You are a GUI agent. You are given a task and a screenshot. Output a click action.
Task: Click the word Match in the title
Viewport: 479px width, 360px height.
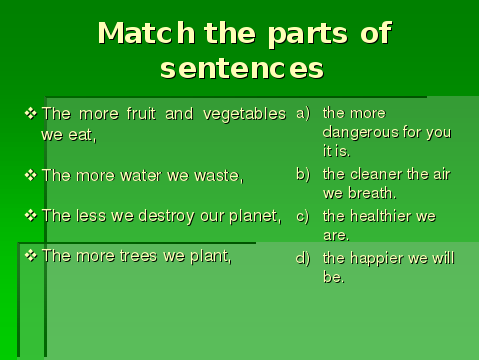click(x=146, y=33)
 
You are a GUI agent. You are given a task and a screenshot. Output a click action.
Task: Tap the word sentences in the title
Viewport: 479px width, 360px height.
click(x=242, y=68)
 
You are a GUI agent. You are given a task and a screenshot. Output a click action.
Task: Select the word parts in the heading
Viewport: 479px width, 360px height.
click(x=308, y=35)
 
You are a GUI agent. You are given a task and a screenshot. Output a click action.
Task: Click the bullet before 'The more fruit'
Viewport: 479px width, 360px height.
click(x=31, y=113)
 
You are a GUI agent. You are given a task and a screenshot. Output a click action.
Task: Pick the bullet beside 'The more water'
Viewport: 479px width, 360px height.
click(x=31, y=175)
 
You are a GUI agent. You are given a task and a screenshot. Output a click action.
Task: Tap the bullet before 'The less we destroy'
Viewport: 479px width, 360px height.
click(x=31, y=215)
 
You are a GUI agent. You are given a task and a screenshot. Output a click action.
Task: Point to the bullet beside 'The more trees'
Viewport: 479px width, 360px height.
click(x=31, y=256)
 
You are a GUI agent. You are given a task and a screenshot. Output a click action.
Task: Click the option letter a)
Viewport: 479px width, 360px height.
click(x=303, y=113)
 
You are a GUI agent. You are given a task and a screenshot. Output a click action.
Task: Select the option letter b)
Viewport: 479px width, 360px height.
click(x=303, y=174)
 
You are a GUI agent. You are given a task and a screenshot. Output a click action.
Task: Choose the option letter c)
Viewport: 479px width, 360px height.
click(x=303, y=216)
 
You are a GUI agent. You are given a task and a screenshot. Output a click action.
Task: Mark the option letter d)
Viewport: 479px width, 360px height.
click(x=303, y=258)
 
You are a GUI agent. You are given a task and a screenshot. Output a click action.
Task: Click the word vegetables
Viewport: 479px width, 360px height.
click(x=244, y=115)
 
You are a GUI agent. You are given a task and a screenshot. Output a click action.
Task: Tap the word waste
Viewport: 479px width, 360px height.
click(x=219, y=176)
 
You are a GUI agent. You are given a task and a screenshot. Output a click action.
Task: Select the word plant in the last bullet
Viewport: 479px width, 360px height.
click(x=211, y=257)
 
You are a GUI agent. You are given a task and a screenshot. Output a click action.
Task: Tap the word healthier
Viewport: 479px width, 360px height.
click(x=381, y=216)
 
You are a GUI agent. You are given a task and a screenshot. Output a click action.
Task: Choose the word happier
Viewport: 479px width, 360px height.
click(x=377, y=259)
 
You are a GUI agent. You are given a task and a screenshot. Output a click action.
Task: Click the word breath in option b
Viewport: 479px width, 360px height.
click(x=372, y=193)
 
